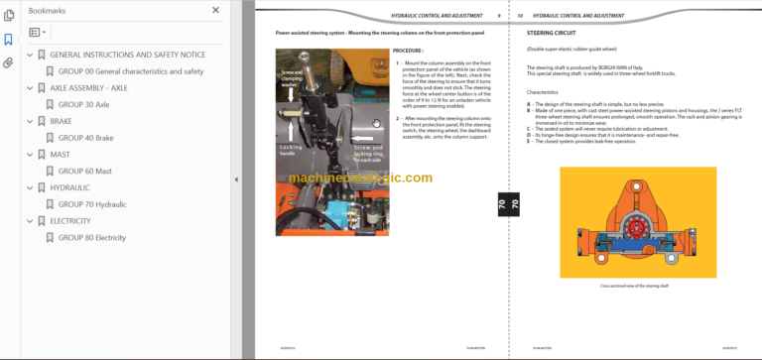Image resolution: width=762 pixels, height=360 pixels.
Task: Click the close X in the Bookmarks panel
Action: (x=216, y=11)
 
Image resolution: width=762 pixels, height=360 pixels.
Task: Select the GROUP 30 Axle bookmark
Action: (x=83, y=104)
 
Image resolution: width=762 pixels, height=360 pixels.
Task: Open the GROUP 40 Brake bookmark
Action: (x=85, y=138)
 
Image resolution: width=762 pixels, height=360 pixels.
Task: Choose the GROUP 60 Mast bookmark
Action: (x=84, y=172)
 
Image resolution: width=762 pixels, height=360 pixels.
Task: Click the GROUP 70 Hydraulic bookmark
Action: (x=92, y=204)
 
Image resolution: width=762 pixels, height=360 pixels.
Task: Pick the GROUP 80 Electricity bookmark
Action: (x=91, y=238)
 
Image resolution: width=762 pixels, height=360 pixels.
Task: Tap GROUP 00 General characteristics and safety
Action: (x=131, y=71)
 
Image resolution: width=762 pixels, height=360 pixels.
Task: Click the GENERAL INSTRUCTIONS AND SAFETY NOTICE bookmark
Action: (x=127, y=55)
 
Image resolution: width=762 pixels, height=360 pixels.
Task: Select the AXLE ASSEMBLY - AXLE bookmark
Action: (x=88, y=88)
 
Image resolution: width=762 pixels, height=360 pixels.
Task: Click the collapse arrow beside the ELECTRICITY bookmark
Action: (x=29, y=221)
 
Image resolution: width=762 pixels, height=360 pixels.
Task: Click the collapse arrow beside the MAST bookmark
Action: (x=29, y=155)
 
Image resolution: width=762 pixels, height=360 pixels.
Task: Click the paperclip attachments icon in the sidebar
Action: (x=9, y=62)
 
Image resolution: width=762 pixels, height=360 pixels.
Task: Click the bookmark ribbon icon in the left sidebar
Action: (x=9, y=40)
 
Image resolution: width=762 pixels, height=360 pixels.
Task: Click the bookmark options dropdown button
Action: (x=39, y=32)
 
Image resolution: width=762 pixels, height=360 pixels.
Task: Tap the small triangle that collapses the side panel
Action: (x=235, y=180)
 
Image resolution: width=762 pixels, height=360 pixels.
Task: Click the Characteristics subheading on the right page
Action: (x=542, y=91)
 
